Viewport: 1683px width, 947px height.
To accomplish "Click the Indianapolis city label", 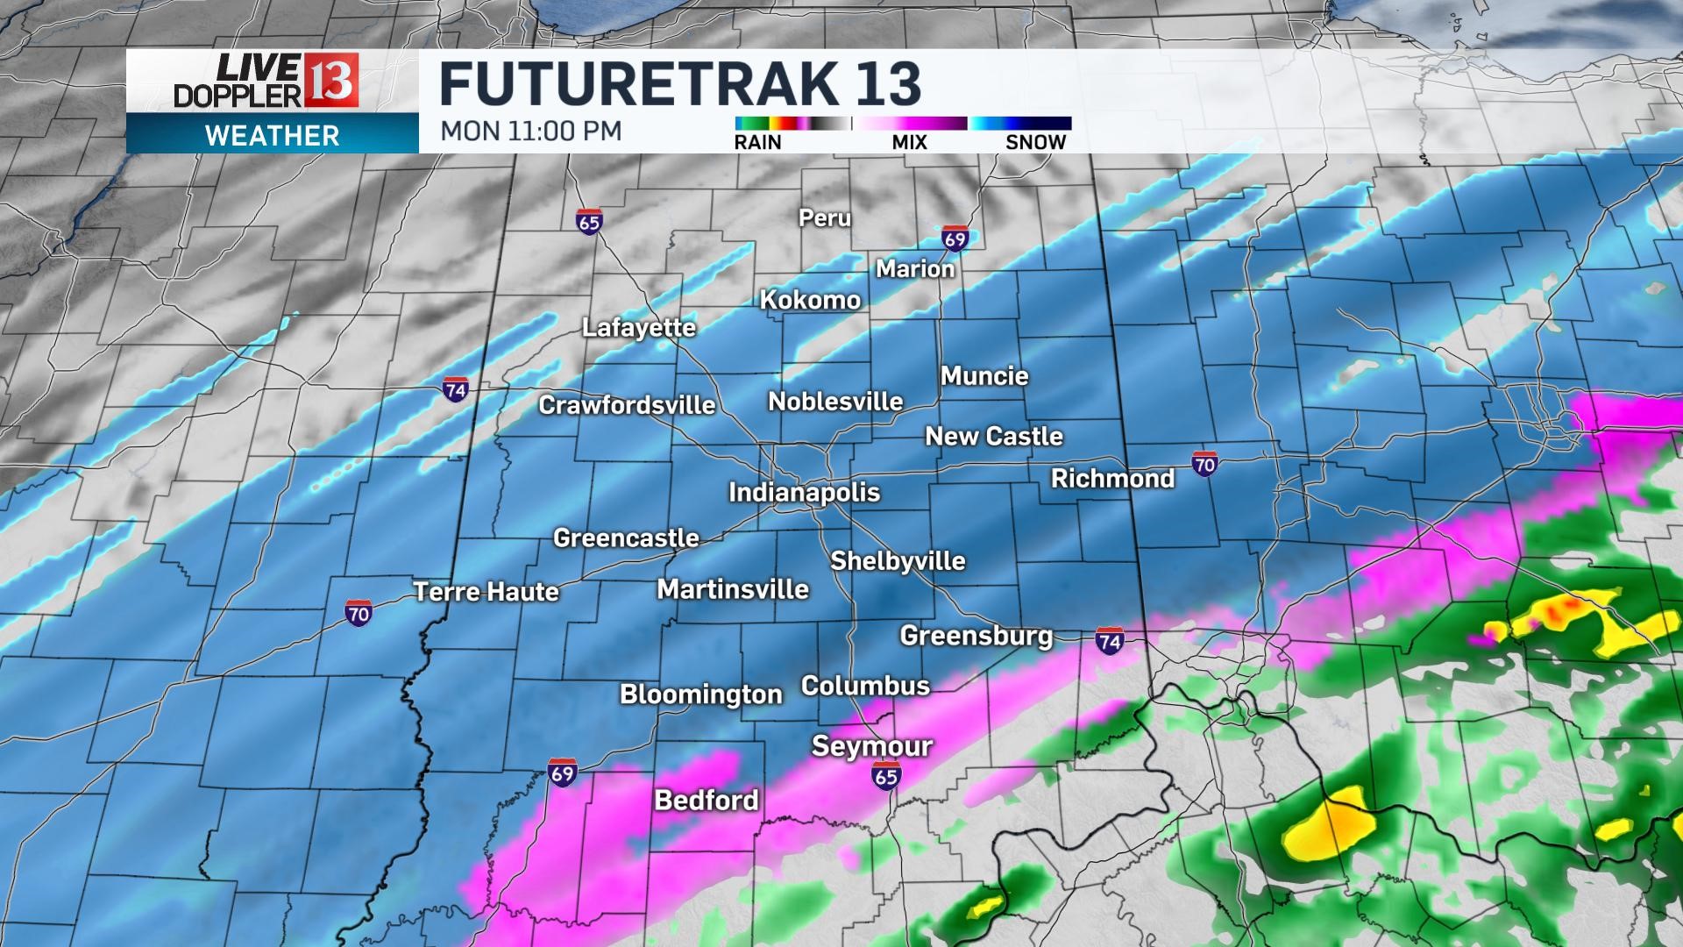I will [804, 492].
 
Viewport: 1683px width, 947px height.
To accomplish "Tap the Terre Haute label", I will [486, 592].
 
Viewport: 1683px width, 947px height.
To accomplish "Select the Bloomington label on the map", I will [700, 694].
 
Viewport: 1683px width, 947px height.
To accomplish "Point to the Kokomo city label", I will [810, 300].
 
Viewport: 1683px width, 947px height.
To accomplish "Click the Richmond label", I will [1112, 479].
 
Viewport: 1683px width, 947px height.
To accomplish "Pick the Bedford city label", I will [707, 800].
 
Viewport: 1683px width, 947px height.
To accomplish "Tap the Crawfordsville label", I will [627, 405].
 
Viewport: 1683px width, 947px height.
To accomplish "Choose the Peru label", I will [825, 217].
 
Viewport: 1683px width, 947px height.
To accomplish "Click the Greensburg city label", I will [976, 636].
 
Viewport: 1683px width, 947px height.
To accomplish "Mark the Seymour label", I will [871, 746].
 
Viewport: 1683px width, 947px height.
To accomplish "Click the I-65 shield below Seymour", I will [886, 775].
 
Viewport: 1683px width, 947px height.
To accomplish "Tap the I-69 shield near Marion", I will [955, 239].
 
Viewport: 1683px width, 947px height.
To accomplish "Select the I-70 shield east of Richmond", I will [1204, 464].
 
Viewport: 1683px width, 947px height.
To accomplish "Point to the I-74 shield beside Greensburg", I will [1110, 642].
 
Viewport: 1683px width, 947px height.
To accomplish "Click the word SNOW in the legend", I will [1035, 142].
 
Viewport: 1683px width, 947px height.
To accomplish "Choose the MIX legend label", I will [909, 142].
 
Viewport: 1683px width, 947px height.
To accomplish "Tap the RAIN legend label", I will [758, 142].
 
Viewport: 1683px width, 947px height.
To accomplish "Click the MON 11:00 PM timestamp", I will [531, 131].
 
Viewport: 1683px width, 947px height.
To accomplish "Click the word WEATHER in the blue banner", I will [272, 136].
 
